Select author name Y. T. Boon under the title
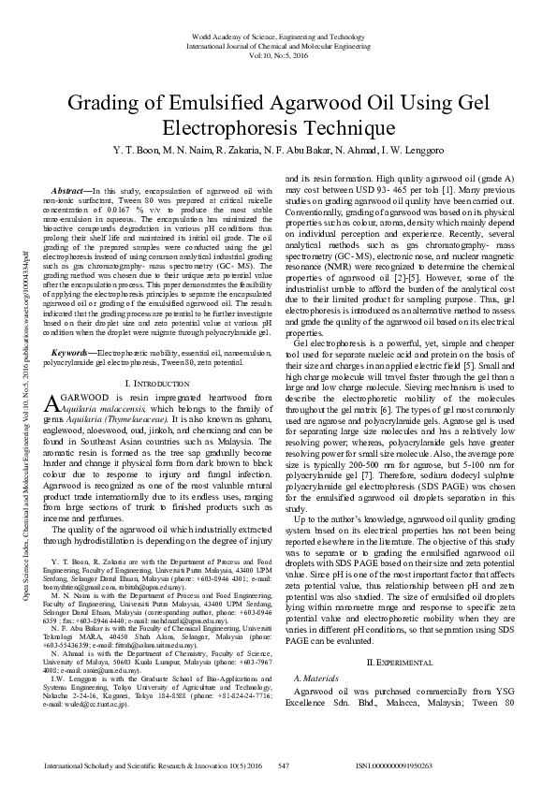pos(136,150)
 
